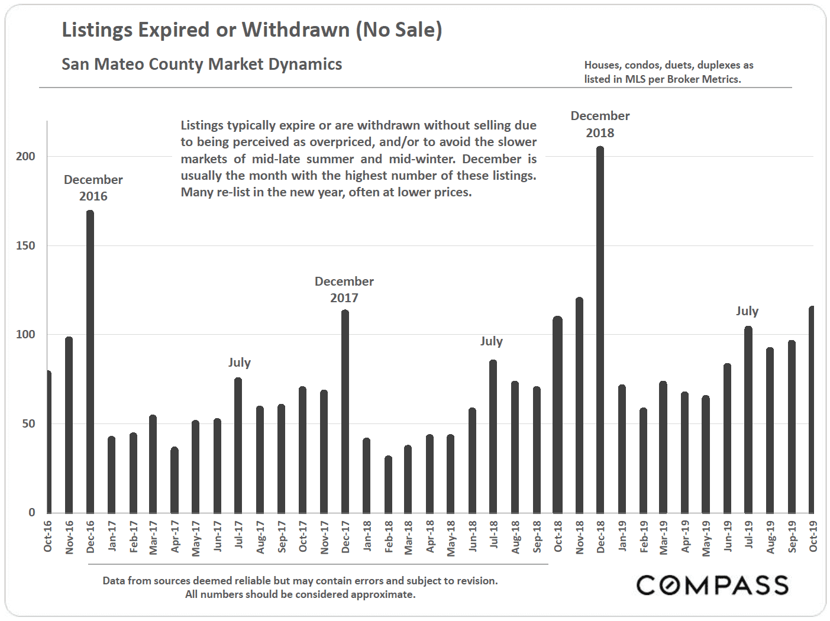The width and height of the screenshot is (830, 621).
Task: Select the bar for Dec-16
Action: [x=90, y=361]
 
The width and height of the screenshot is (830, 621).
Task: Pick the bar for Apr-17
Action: [x=175, y=480]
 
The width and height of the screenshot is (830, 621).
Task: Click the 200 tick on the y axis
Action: [x=25, y=156]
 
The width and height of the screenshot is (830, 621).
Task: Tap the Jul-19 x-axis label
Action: [x=749, y=535]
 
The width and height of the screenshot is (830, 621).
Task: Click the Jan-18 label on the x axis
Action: [x=367, y=536]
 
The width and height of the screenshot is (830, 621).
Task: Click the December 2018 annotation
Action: [x=600, y=124]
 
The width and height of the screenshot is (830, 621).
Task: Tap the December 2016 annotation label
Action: [x=93, y=187]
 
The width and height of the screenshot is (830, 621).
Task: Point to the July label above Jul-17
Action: [x=240, y=363]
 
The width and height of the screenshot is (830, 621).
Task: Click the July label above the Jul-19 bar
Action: [x=747, y=311]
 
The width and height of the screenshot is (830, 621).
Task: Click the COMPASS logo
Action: [x=712, y=585]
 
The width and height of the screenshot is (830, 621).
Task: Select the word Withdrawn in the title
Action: [x=295, y=30]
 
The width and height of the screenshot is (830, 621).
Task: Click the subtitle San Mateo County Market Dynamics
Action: [x=202, y=64]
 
